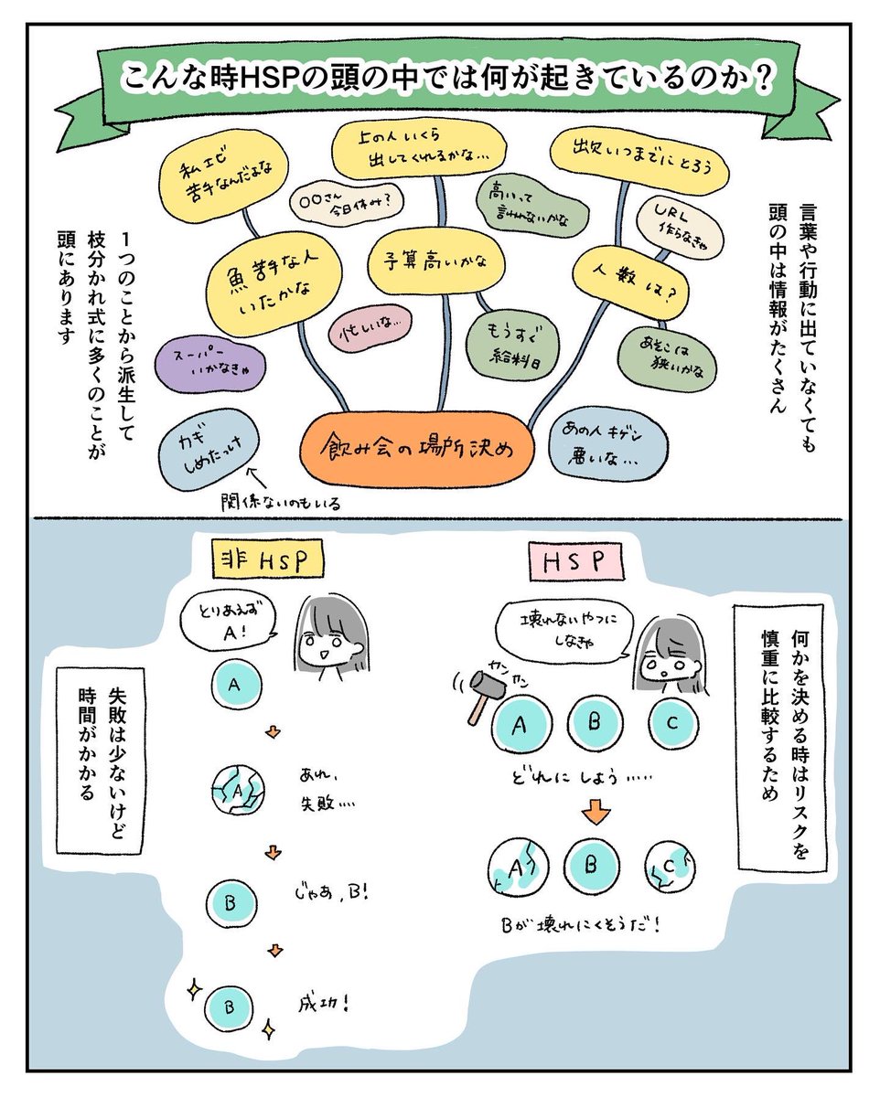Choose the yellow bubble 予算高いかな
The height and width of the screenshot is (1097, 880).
coord(435,262)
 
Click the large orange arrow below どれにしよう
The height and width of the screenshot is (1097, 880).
coord(594,812)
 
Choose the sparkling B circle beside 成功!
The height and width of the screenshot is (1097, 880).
coord(230,1006)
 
